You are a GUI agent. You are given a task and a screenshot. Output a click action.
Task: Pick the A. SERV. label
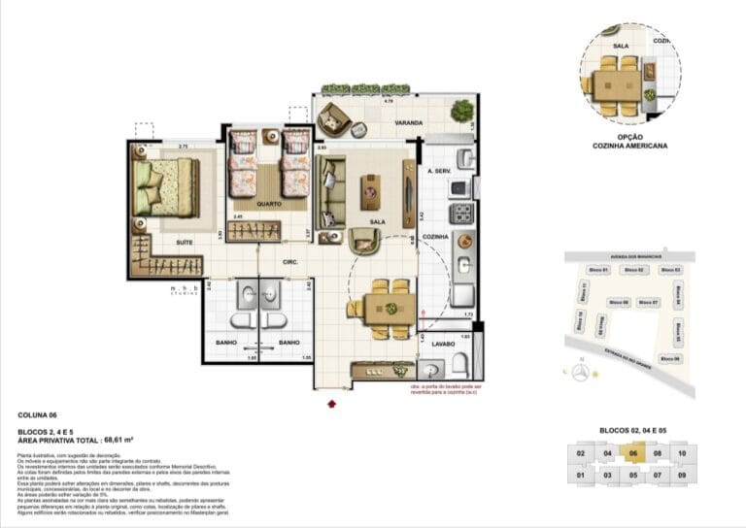442,171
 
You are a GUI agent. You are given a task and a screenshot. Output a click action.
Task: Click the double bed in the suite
167,186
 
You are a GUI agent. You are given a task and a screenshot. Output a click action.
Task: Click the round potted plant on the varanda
462,111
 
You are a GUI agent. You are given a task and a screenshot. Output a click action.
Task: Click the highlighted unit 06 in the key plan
632,453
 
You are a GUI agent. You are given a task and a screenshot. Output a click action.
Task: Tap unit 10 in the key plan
682,453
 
